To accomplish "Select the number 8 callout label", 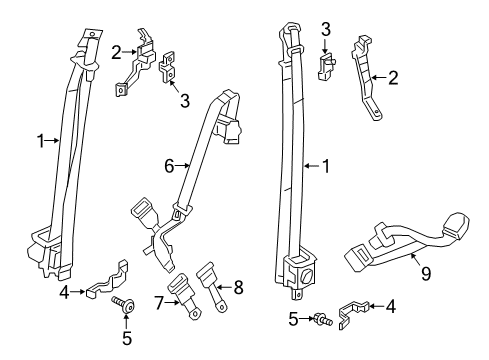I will pyautogui.click(x=237, y=290).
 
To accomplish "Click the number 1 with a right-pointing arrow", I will pyautogui.click(x=41, y=142).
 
